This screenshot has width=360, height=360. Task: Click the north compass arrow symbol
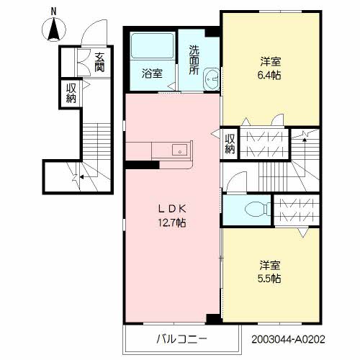(x=53, y=31)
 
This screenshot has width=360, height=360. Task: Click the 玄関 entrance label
(x=99, y=63)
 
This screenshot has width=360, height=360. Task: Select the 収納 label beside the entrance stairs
(x=71, y=93)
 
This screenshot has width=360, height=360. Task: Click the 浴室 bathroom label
(x=151, y=73)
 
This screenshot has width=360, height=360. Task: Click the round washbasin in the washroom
(x=211, y=78)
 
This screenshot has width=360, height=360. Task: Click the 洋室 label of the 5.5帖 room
(x=270, y=264)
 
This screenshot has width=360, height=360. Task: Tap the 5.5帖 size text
(x=270, y=278)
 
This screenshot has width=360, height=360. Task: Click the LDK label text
(x=173, y=210)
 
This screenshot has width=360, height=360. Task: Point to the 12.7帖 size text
(x=173, y=223)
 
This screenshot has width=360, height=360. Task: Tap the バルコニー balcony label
(x=182, y=338)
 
